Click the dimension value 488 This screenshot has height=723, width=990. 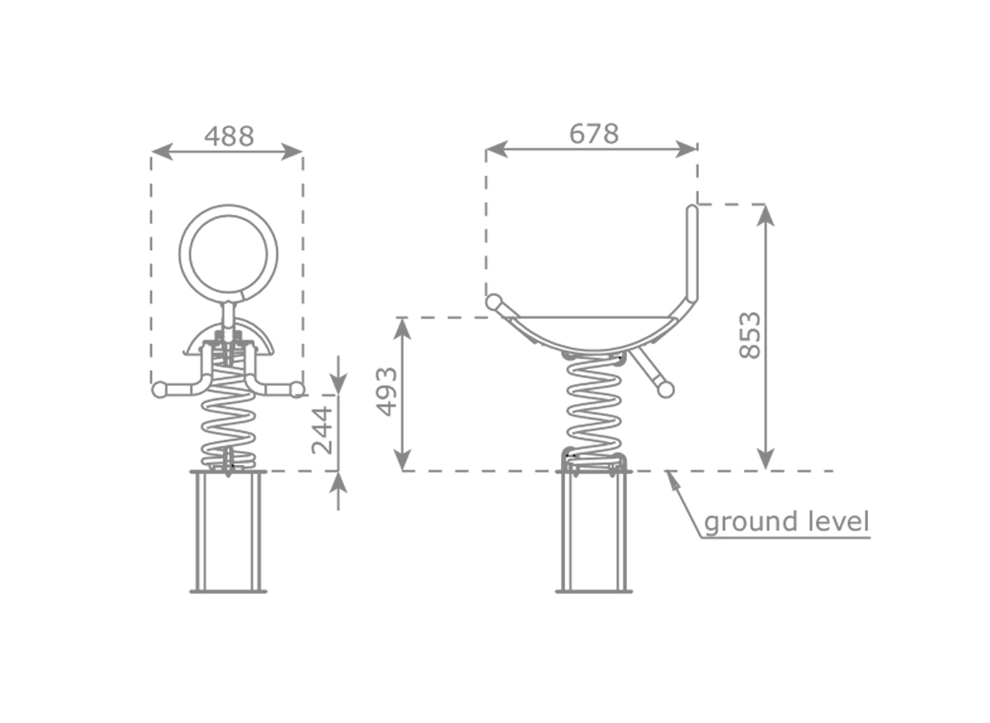pos(228,136)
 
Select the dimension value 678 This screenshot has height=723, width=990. pos(595,134)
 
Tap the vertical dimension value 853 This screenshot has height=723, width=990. pos(750,335)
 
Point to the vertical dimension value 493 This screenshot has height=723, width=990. pos(387,392)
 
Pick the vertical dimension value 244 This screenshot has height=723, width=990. pos(322,430)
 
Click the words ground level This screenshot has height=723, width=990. pos(786,522)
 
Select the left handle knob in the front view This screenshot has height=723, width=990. pos(160,389)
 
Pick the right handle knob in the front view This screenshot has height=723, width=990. pos(297,389)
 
